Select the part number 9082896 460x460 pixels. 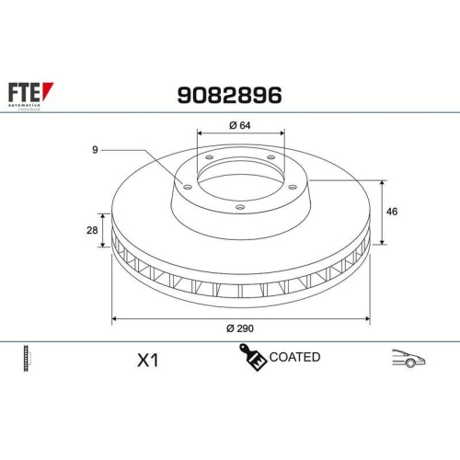228,95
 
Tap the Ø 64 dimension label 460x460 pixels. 240,126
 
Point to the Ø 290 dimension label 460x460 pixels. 241,328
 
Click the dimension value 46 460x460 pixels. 391,212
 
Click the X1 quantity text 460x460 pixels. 146,360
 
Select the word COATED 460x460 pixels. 295,357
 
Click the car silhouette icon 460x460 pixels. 408,359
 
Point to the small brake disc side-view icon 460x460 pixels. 27,359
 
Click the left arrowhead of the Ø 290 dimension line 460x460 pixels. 114,318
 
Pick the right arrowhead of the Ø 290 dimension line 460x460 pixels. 367,318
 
